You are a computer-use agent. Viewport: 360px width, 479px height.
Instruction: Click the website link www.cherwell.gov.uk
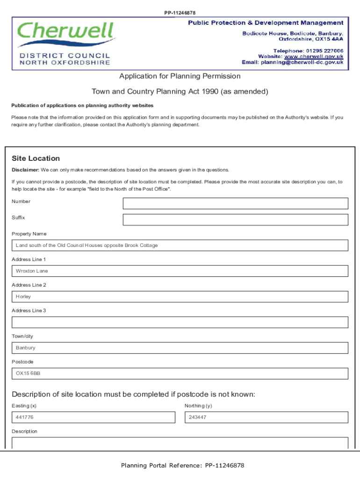[314, 57]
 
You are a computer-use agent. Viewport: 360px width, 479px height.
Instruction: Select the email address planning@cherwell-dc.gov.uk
[302, 62]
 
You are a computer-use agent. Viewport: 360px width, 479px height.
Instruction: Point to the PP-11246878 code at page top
[180, 13]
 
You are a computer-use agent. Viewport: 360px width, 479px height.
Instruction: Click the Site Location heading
[36, 159]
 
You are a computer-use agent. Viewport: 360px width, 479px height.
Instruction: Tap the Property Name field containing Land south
[86, 246]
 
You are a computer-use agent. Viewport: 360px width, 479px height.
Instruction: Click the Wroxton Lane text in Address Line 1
[32, 271]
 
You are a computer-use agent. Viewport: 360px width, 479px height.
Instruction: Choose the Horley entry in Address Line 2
[23, 297]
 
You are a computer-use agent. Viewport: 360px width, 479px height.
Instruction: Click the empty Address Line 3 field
[180, 322]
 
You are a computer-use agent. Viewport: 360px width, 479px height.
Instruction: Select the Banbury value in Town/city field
[26, 348]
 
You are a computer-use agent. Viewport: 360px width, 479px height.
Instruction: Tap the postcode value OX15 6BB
[28, 374]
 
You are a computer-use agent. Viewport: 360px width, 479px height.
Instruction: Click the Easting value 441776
[25, 417]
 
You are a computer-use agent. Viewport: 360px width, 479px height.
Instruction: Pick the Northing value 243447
[198, 417]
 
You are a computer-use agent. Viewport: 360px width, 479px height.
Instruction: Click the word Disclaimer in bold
[25, 170]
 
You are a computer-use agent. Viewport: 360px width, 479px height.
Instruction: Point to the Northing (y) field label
[198, 406]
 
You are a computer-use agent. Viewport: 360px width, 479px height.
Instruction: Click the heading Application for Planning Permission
[180, 76]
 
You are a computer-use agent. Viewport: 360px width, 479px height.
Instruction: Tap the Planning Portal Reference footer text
[182, 465]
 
